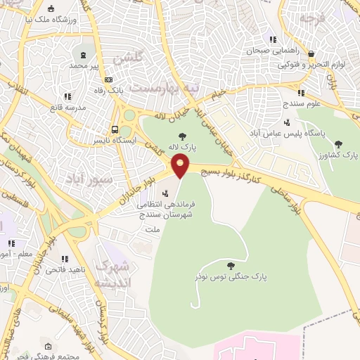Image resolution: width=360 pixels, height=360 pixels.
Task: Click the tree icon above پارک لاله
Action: [183, 136]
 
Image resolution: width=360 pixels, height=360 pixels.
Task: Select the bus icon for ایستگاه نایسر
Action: [114, 129]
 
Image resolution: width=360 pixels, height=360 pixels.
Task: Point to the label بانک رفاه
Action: [110, 90]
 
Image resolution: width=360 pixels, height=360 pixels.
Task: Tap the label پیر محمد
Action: [85, 65]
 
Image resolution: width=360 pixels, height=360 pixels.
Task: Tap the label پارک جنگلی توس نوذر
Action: [231, 277]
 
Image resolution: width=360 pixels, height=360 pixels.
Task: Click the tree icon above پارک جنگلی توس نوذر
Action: [231, 265]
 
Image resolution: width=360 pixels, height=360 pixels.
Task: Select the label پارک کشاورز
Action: [338, 154]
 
